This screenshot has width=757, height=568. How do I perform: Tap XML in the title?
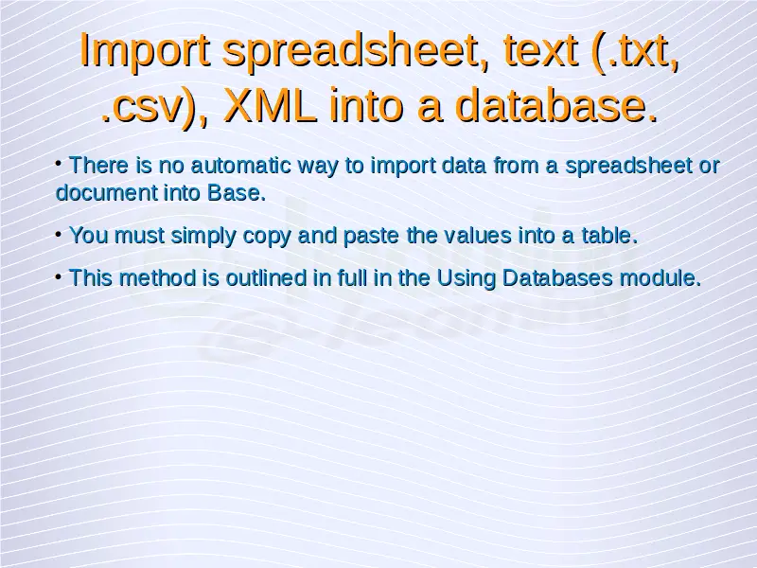pos(271,105)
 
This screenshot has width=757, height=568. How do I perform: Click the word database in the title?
pos(556,105)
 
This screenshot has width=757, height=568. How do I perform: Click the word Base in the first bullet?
pos(236,193)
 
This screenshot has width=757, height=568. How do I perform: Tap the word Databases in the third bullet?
pos(557,278)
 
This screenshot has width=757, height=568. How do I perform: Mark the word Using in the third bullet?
pos(466,279)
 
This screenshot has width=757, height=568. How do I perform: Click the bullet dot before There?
pos(59,164)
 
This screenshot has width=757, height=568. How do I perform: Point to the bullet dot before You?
pos(59,235)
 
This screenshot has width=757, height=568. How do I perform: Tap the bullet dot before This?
pos(59,277)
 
